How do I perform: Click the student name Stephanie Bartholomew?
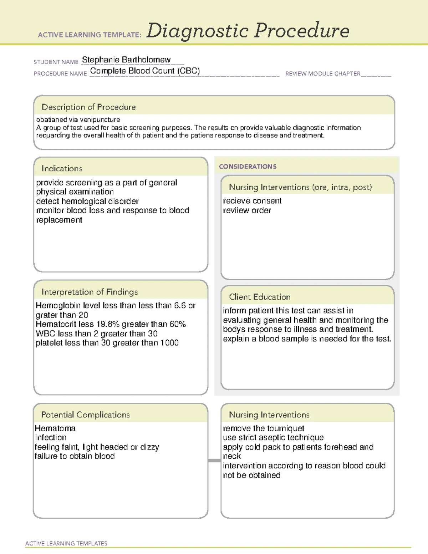click(126, 60)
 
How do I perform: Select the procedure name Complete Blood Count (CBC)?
click(145, 71)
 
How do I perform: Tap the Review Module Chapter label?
click(322, 73)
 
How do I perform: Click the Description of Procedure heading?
click(88, 107)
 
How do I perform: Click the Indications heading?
click(62, 168)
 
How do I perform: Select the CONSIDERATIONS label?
click(248, 167)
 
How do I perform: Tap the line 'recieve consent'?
click(252, 201)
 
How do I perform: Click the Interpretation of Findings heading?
click(90, 292)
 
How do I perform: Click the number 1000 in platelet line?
click(169, 343)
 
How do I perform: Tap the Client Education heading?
click(260, 297)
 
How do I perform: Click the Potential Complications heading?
click(85, 415)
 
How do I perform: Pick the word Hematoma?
click(55, 428)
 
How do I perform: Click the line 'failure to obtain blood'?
click(75, 456)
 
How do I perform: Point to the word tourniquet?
click(285, 428)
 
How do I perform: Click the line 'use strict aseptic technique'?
click(273, 437)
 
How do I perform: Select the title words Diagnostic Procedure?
click(248, 31)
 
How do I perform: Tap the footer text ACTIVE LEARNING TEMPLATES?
click(66, 543)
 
